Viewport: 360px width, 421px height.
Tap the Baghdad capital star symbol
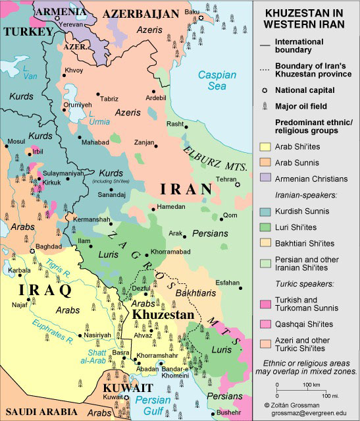tap(32, 251)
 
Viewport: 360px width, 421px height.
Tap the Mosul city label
tap(16, 141)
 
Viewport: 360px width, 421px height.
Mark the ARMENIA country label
tap(60, 11)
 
